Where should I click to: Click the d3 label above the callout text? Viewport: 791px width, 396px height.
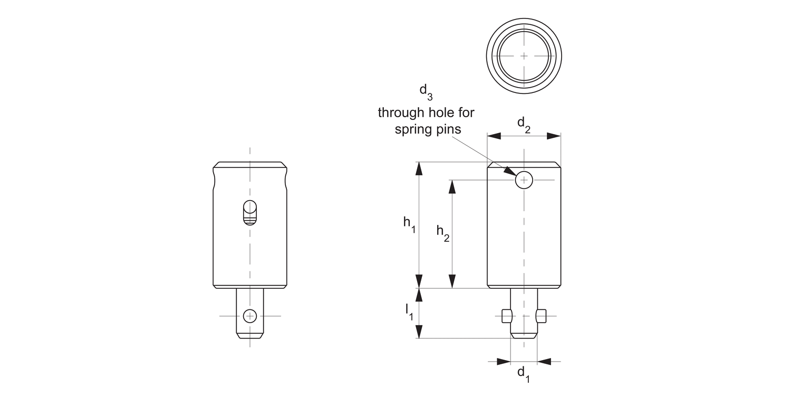click(x=426, y=91)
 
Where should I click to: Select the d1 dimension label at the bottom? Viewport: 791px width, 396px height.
click(x=523, y=373)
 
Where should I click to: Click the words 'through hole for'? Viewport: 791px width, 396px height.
click(x=426, y=112)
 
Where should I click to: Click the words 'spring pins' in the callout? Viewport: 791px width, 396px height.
click(x=428, y=129)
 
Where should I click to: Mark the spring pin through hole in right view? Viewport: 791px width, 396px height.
click(x=524, y=180)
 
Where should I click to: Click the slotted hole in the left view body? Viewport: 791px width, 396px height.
click(x=250, y=213)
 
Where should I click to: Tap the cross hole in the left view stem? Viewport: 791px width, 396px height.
click(x=250, y=316)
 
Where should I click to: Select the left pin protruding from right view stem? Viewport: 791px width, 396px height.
click(x=507, y=316)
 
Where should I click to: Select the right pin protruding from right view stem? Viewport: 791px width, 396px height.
click(x=541, y=316)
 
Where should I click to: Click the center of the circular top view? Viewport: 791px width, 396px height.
click(x=524, y=55)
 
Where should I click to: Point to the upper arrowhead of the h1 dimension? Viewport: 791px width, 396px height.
click(x=419, y=168)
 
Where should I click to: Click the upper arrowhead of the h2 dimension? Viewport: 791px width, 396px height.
click(x=452, y=186)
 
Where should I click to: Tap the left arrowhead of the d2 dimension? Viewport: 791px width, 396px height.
click(x=494, y=136)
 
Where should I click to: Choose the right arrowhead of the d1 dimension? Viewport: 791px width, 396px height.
click(x=544, y=362)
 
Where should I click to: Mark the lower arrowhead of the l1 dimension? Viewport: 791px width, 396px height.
click(x=419, y=332)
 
